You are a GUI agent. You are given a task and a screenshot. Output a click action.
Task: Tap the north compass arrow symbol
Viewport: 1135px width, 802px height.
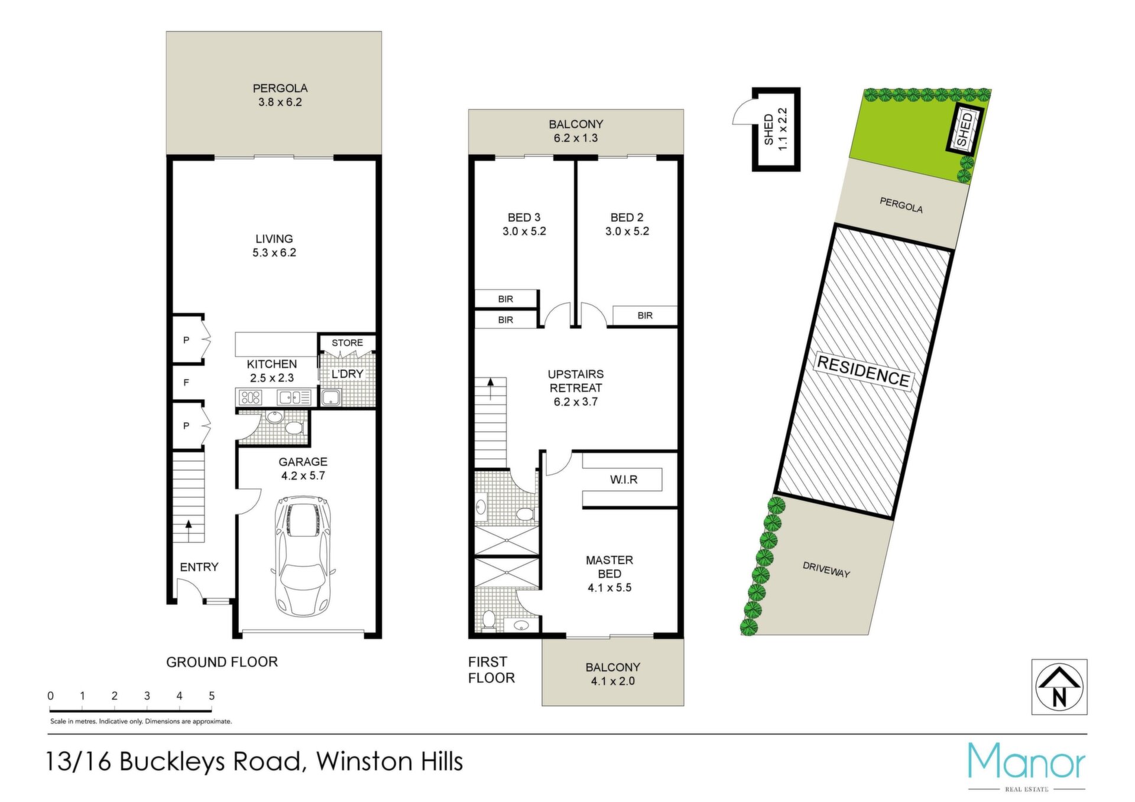tap(1059, 687)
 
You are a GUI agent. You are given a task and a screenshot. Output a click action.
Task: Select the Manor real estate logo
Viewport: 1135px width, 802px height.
tap(1026, 766)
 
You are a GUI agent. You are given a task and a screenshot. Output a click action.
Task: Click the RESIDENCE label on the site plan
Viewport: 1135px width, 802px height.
tap(862, 371)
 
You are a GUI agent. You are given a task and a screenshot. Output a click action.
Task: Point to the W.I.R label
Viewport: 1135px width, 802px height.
tap(624, 480)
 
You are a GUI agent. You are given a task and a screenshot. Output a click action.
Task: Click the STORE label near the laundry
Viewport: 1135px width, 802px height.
tap(347, 343)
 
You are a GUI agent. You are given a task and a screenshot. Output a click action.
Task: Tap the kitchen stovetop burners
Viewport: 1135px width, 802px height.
tap(250, 397)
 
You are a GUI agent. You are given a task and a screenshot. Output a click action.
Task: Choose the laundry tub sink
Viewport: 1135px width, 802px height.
tap(330, 397)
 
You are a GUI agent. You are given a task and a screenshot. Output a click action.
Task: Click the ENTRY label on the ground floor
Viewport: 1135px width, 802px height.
tap(199, 567)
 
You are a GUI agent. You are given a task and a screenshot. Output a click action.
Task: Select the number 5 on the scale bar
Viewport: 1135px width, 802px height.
tap(212, 696)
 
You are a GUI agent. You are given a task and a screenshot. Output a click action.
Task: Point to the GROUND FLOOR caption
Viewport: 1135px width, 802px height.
tap(222, 662)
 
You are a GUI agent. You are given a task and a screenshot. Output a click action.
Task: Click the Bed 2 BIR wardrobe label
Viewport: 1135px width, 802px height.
tap(645, 315)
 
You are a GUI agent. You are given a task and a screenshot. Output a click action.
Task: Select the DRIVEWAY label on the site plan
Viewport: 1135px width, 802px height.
tap(826, 570)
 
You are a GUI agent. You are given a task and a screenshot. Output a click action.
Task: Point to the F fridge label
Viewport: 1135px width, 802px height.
tap(186, 383)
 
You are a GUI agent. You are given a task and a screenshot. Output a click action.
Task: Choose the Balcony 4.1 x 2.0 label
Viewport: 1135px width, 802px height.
tap(613, 674)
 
